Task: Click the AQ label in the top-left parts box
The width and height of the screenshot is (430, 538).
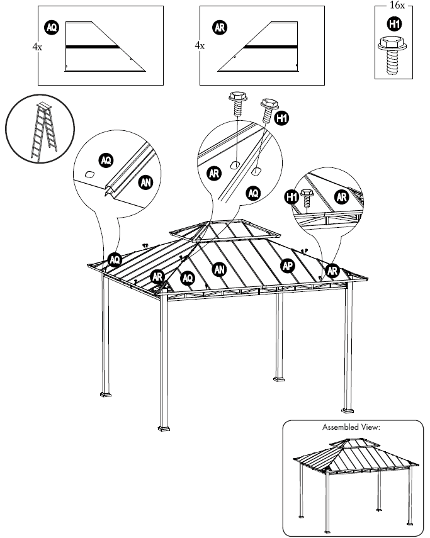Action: (52, 27)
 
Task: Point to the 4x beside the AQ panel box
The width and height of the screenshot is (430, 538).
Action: (37, 46)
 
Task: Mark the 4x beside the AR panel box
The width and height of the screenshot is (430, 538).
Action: (199, 46)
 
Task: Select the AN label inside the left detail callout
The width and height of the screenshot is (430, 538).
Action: (145, 182)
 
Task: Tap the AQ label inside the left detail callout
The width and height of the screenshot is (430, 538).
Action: (105, 160)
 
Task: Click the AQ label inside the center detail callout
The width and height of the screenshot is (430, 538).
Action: (252, 193)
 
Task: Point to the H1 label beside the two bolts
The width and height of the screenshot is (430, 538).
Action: (283, 118)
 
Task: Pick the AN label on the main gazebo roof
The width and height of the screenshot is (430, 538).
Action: (219, 269)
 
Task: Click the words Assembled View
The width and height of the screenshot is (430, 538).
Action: (351, 427)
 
